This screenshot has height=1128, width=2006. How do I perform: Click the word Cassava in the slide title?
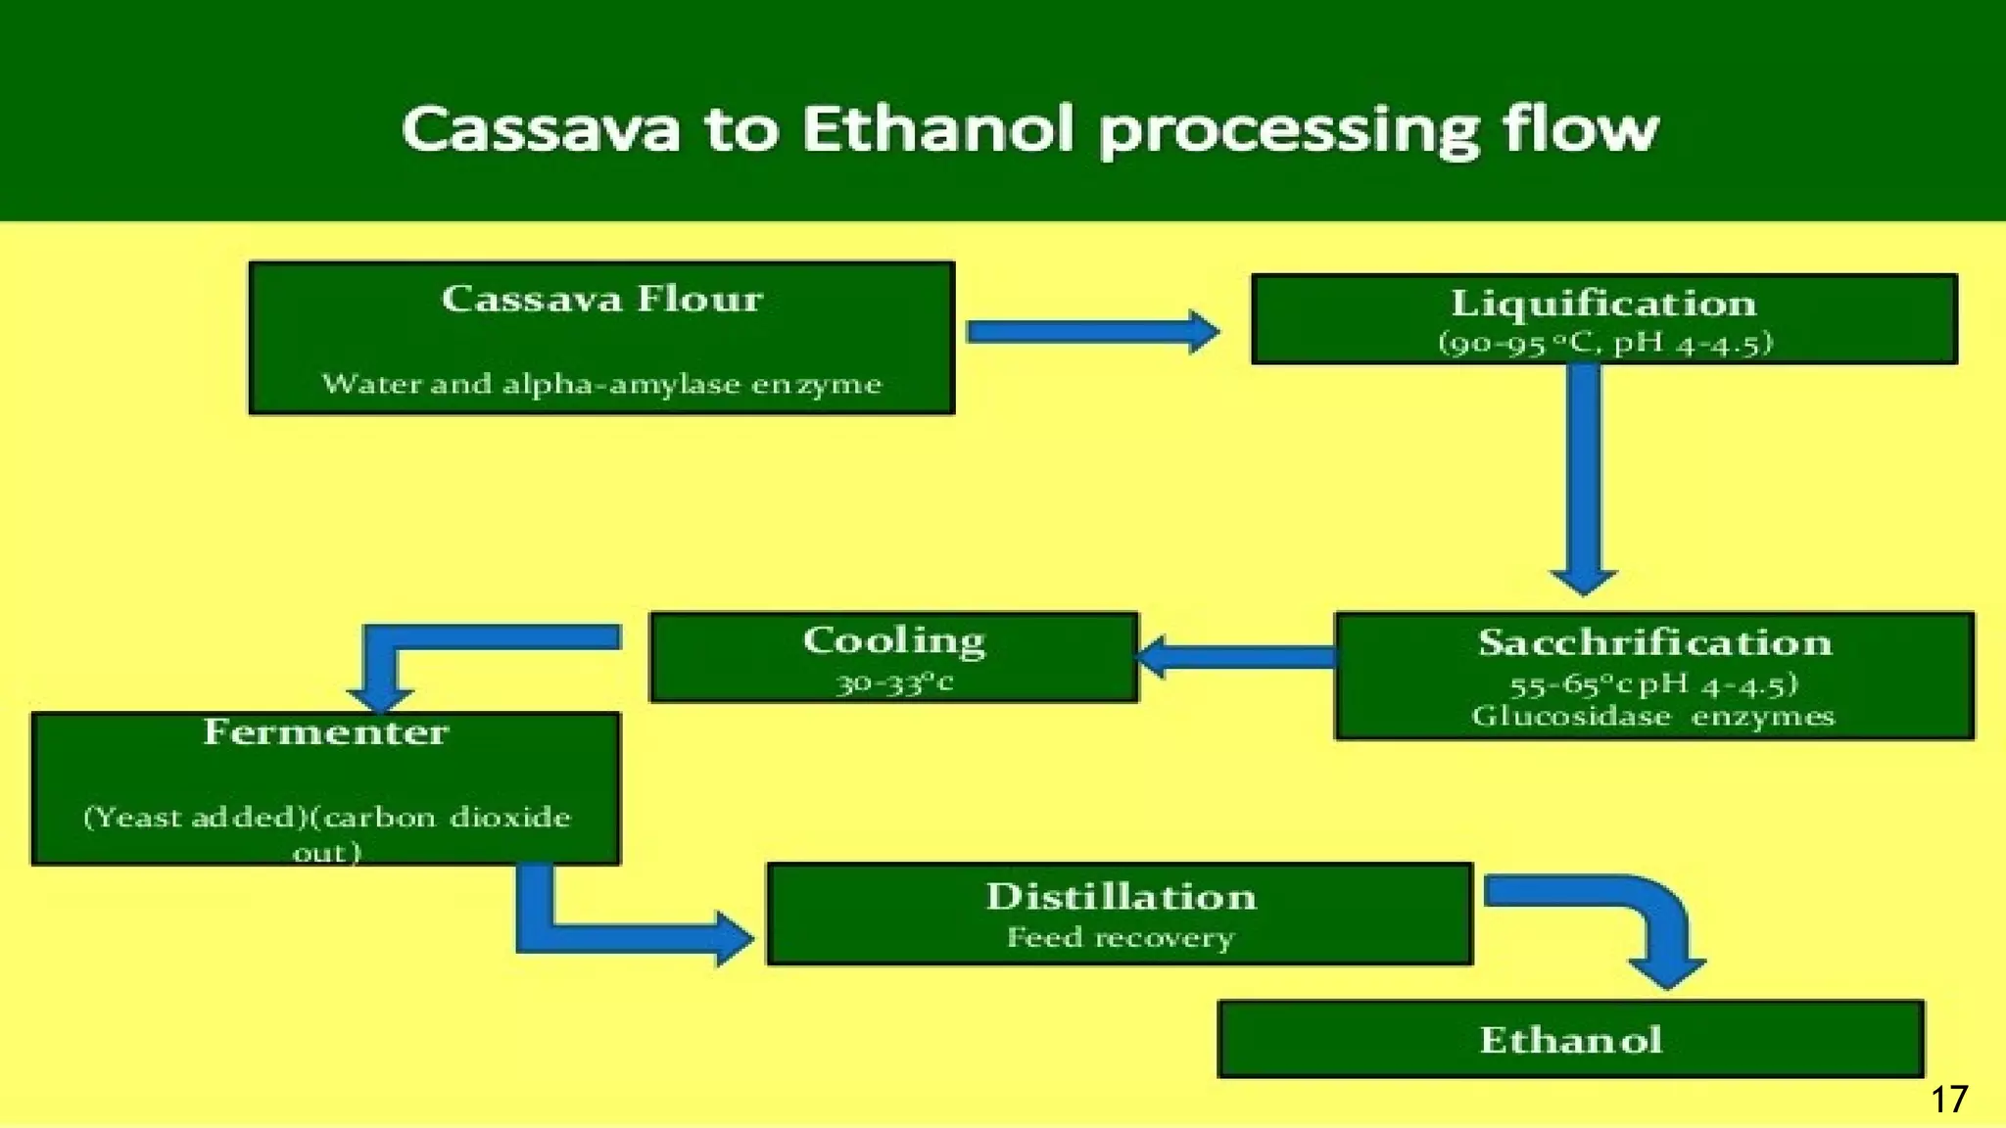tap(541, 129)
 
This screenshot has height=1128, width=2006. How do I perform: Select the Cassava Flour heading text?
tap(601, 299)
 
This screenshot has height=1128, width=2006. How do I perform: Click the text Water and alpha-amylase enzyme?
tap(601, 384)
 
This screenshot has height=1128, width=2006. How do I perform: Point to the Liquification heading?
tap(1603, 304)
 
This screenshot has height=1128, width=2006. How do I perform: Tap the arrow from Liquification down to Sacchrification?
tap(1584, 470)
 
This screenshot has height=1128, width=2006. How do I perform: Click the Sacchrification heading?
tap(1654, 642)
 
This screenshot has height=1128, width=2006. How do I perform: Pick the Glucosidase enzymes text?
tap(1652, 717)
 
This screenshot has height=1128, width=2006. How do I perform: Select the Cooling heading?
tap(893, 640)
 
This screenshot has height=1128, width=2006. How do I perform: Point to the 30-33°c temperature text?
tap(893, 682)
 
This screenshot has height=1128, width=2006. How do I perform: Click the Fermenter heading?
tap(326, 732)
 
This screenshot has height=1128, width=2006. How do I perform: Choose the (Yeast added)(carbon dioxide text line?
tap(326, 818)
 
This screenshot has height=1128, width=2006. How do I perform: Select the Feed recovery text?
tap(1120, 938)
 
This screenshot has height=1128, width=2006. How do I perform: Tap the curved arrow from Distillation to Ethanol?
tap(1655, 920)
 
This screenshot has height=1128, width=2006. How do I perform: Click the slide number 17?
tap(1948, 1100)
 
